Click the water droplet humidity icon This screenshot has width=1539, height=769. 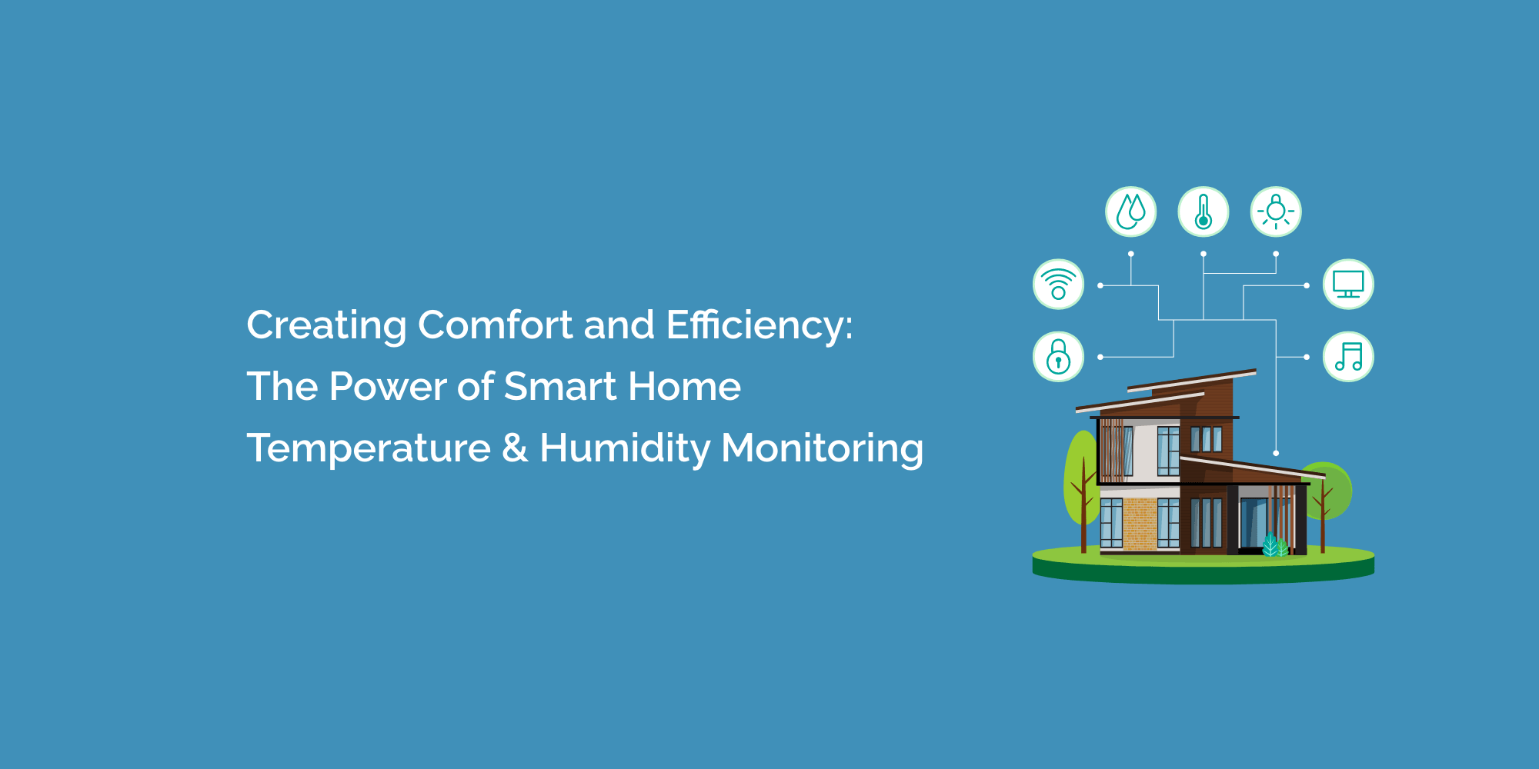[1130, 211]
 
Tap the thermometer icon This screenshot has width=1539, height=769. [1203, 211]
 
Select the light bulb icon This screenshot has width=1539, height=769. [1276, 211]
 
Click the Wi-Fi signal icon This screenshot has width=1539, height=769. [1058, 284]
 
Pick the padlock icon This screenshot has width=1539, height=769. [1058, 357]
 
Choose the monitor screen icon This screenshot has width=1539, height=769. [1348, 284]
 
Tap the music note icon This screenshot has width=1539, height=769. [1348, 357]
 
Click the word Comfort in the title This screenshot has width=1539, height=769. [496, 325]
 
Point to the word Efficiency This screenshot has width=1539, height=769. [759, 326]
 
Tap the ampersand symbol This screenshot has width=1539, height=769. [515, 448]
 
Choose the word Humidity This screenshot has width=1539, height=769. [625, 449]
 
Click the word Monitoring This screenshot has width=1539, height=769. [823, 449]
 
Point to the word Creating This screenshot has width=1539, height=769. [327, 326]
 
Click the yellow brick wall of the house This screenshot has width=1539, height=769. [1140, 524]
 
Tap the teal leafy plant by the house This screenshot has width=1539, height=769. [1275, 545]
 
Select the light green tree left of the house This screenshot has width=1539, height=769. [1081, 481]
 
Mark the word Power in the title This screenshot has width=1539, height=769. [388, 386]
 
